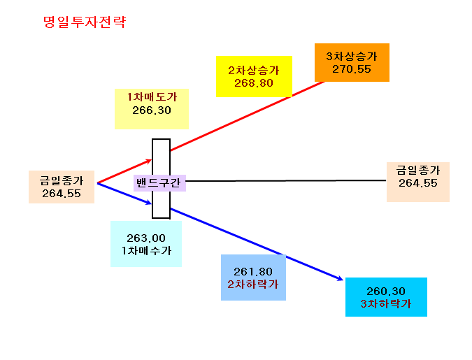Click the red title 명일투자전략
85,22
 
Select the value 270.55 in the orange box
352,69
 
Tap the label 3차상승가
352,57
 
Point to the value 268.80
254,83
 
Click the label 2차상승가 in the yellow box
254,71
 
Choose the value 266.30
152,110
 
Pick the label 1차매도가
152,97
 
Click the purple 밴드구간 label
159,182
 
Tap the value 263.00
146,238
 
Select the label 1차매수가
146,250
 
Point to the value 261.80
253,272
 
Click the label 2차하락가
253,284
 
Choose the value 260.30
386,291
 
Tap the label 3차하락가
385,303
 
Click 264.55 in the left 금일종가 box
62,194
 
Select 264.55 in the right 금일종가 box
418,183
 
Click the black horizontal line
286,181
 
